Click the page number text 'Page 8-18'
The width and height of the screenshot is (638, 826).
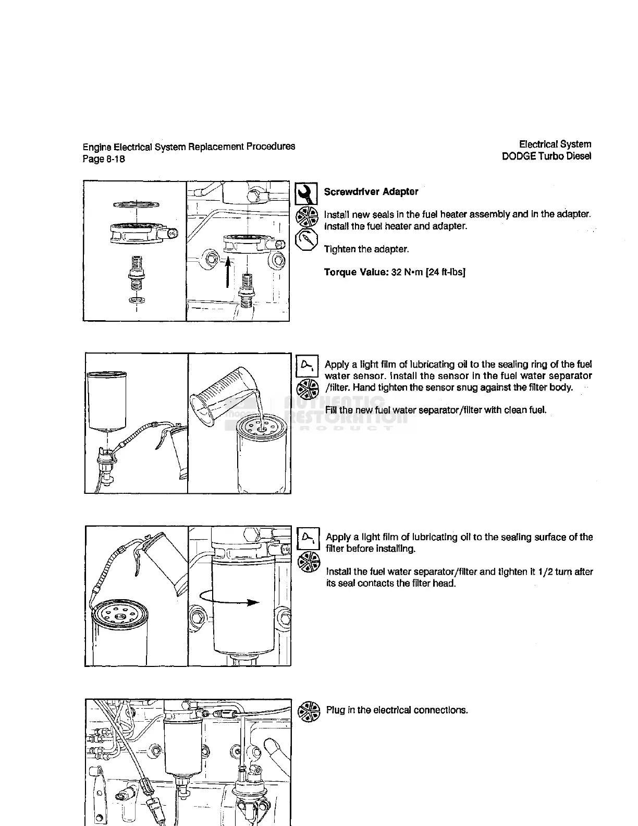pos(104,159)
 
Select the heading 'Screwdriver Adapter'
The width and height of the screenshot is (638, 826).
pos(371,191)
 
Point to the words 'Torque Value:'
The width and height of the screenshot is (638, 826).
pos(356,272)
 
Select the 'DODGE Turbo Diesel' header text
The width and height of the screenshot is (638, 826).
pos(546,156)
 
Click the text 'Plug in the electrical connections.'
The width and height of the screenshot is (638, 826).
pos(397,710)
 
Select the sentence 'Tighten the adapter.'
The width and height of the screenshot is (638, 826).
pos(366,249)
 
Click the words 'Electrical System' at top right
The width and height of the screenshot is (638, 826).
pos(555,144)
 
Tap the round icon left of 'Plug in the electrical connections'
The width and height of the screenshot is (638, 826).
pos(308,711)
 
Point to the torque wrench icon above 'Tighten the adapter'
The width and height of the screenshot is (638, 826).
pos(306,239)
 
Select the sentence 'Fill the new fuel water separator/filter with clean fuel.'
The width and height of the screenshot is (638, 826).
pos(436,410)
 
